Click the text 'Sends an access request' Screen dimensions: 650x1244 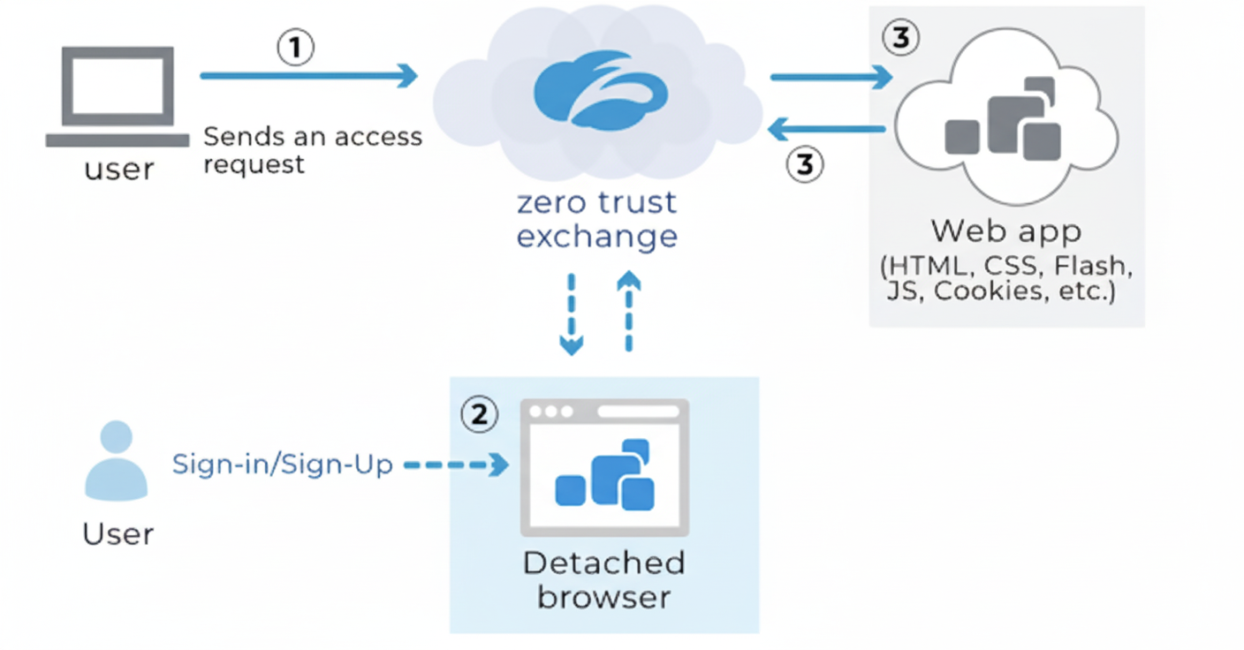point(313,150)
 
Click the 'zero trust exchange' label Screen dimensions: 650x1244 point(597,219)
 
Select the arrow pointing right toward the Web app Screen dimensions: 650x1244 point(831,78)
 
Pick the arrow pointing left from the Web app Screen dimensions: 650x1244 point(827,131)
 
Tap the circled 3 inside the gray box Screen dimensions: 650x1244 point(900,39)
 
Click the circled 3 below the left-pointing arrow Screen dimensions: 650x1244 point(805,164)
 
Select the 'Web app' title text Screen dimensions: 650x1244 point(1006,231)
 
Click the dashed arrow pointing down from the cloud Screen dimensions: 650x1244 point(572,314)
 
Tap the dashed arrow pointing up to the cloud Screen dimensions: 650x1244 point(628,310)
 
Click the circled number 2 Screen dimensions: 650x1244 point(480,414)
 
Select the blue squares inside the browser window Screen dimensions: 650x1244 point(605,477)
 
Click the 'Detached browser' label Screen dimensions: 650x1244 point(603,579)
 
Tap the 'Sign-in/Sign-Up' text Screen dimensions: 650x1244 point(283,465)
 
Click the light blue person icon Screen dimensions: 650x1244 point(117,461)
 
